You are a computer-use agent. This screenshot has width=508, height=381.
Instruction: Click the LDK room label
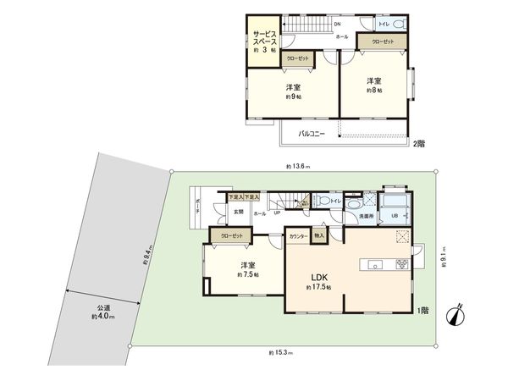coord(318,277)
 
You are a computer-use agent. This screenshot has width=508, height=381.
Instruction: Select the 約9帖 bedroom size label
coord(293,97)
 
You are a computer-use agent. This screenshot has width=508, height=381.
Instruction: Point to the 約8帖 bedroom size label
coord(373,89)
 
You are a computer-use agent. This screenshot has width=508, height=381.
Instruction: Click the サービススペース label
coord(262,41)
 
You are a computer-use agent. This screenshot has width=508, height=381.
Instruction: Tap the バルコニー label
coord(314,134)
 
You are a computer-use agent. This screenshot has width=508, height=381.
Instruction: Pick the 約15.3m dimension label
coord(279,351)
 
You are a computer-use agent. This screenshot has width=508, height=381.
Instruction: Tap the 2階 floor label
coord(419,144)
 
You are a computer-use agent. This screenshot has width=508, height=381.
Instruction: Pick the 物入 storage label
coord(318,235)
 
